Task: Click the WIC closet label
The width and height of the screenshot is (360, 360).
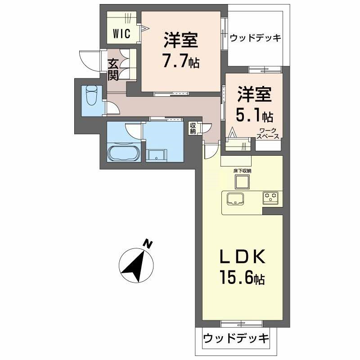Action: tap(121, 33)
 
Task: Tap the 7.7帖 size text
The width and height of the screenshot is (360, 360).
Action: tap(181, 61)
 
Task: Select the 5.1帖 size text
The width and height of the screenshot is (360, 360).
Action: tap(254, 117)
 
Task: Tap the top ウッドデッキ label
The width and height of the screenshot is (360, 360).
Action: tap(255, 38)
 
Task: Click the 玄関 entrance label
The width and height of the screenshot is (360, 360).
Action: tap(113, 70)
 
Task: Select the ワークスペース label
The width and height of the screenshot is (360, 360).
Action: tap(268, 133)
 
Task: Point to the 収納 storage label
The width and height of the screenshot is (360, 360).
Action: tap(193, 128)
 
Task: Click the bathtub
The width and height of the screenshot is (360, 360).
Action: tap(124, 153)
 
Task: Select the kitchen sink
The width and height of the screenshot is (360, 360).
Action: tap(235, 198)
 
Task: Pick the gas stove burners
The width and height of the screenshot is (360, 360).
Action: tap(272, 196)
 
